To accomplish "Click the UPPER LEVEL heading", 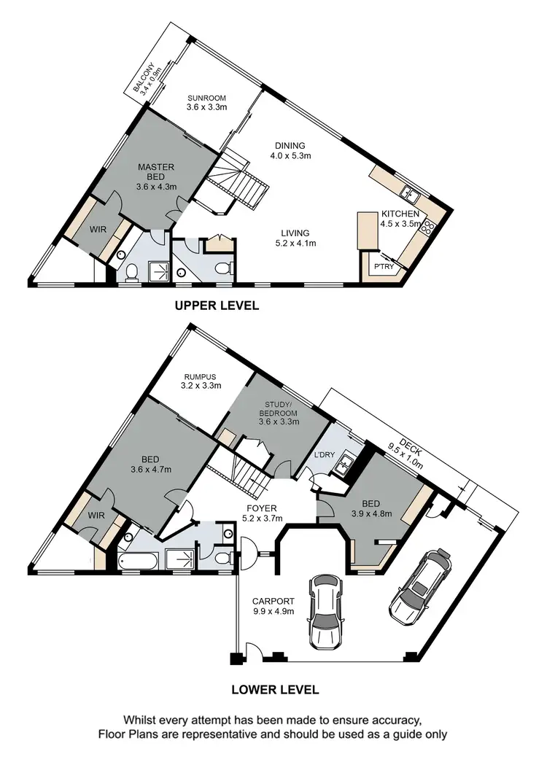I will (217, 306).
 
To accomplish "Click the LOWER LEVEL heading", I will (274, 688).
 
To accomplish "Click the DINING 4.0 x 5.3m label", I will (290, 150).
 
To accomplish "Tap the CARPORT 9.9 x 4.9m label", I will (269, 606).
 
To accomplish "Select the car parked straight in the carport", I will (326, 611).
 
